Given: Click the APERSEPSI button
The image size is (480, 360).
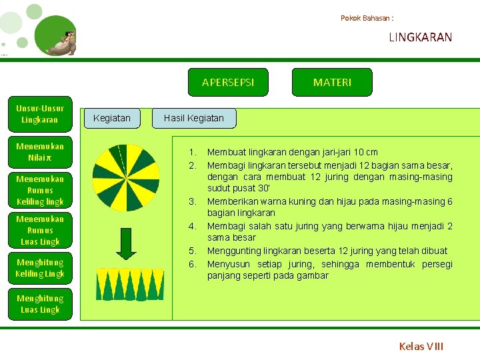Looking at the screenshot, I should (x=228, y=82).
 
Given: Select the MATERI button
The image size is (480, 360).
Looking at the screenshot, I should (x=332, y=82).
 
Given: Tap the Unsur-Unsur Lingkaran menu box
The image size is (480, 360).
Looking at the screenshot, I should (x=40, y=114).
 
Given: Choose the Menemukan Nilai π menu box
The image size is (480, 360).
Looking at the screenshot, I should (x=40, y=152).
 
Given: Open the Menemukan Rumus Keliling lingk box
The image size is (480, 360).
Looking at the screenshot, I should (x=40, y=190).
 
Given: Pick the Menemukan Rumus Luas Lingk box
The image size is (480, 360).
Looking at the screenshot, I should (x=40, y=230).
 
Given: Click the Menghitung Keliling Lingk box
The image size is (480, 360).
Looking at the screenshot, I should (x=40, y=268).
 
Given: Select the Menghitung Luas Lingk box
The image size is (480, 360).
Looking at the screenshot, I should (x=40, y=304).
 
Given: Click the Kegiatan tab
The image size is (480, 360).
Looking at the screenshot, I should (x=112, y=118).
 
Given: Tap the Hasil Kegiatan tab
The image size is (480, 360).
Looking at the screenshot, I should (x=195, y=118).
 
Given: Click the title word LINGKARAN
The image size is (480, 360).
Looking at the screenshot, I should (x=420, y=37).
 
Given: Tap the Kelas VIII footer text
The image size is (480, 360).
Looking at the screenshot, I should (x=421, y=346).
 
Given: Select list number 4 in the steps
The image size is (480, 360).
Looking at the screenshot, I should (x=192, y=226).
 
